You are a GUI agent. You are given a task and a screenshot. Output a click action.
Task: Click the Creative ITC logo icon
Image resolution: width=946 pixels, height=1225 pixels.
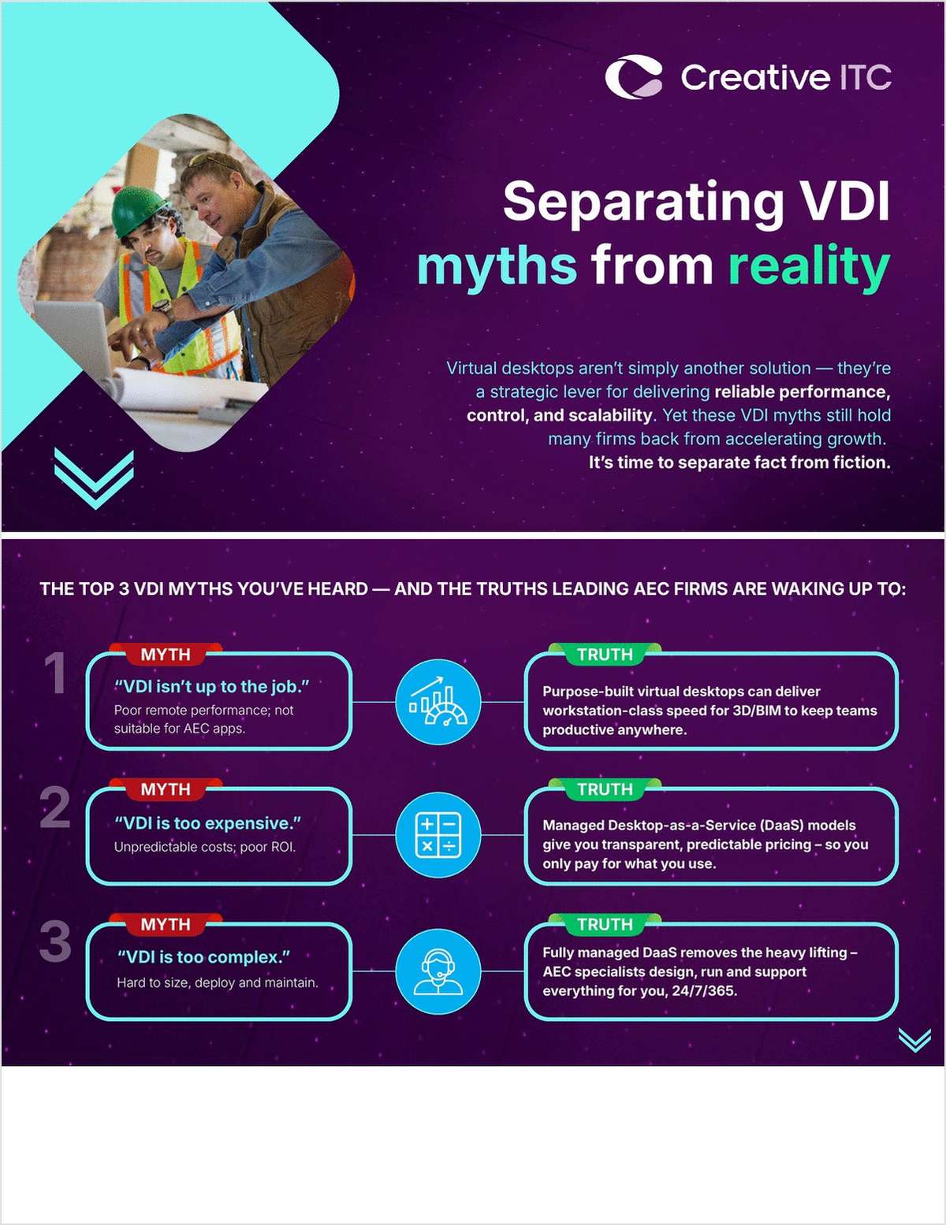634,77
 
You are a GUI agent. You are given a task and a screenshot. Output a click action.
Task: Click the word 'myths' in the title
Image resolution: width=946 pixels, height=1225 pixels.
497,266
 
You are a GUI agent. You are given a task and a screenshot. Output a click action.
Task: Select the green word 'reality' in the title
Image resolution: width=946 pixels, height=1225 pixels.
809,266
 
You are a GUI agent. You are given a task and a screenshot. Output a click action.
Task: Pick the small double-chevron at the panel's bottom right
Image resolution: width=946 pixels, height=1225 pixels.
914,1040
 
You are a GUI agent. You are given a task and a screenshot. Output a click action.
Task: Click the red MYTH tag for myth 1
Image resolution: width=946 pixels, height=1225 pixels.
166,655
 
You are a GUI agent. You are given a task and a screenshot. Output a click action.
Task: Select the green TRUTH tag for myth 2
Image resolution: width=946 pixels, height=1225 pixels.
605,789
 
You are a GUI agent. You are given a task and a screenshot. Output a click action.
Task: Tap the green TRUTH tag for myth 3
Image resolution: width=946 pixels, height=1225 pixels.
605,924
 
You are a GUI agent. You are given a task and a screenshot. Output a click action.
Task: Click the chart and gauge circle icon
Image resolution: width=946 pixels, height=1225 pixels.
438,702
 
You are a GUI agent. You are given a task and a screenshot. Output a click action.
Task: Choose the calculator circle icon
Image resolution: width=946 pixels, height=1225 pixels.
438,835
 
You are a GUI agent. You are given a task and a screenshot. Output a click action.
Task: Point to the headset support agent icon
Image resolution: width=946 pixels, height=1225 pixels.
438,971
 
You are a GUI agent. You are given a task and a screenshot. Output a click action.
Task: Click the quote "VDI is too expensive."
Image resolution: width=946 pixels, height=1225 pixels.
208,823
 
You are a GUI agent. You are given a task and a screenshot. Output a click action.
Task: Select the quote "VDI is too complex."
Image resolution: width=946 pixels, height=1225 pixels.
203,957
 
